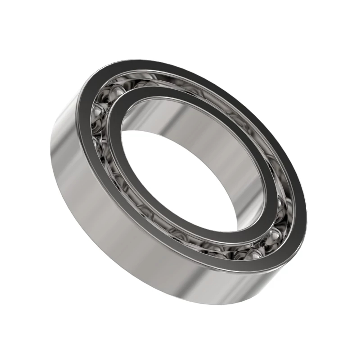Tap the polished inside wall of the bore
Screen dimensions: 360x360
click(x=192, y=126)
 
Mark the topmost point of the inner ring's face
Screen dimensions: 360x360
click(x=141, y=88)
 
